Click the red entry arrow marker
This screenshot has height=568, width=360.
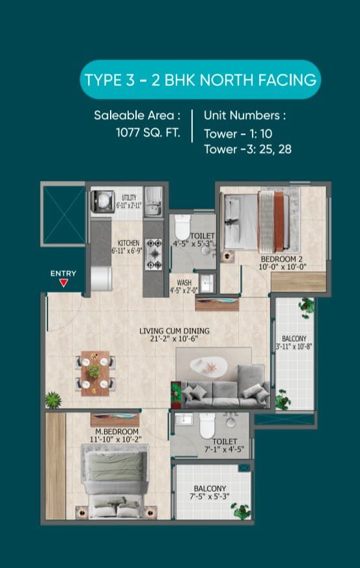(63, 283)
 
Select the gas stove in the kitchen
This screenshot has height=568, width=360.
(154, 254)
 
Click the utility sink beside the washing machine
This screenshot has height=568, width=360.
(154, 202)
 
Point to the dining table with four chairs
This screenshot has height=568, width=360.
(95, 373)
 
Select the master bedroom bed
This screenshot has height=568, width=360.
(115, 481)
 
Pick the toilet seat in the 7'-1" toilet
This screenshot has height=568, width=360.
(207, 426)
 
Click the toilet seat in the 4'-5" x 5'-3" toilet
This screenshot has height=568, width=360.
(182, 227)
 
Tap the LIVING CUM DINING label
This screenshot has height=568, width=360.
(174, 331)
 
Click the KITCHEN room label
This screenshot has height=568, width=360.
(128, 243)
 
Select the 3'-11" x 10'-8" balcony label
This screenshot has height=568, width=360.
(294, 342)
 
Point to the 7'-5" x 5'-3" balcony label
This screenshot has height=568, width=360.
(210, 493)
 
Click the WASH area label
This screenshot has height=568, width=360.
(184, 282)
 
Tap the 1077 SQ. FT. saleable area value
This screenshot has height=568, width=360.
(148, 133)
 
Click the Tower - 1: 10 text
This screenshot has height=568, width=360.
(238, 133)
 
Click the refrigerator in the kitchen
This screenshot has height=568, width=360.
(101, 278)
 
